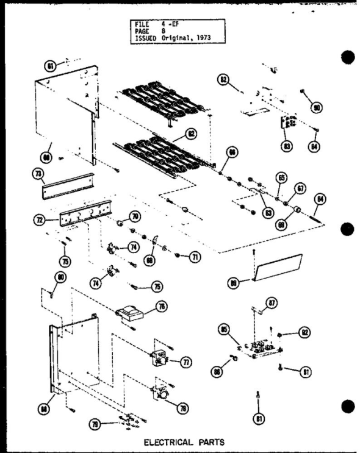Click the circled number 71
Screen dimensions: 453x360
pos(195,258)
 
